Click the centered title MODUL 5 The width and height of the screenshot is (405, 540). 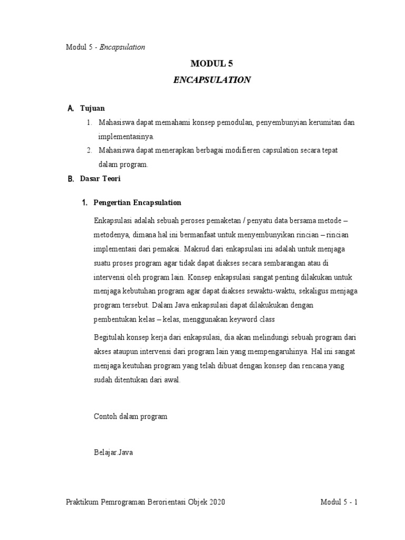coord(211,63)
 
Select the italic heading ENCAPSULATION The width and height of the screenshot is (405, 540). coord(211,80)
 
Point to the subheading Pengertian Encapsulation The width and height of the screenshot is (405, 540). coord(137,202)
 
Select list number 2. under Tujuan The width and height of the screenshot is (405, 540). coord(90,150)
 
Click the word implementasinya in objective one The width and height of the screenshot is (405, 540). coord(124,137)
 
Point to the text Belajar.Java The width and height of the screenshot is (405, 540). coord(111,452)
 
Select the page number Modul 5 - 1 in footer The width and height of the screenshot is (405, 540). coord(339,502)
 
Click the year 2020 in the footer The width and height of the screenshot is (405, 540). coord(217,502)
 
